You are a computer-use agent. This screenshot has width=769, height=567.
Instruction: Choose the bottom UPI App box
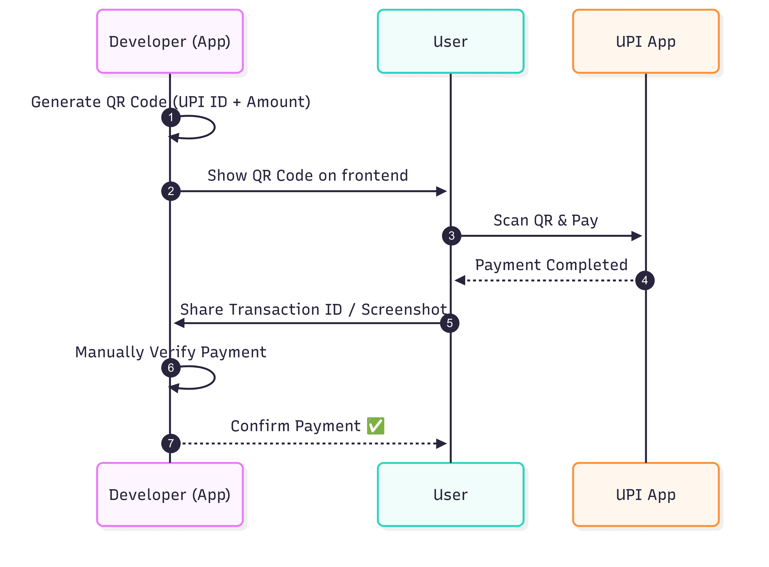(x=646, y=495)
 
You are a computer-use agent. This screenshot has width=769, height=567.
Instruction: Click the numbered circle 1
(x=171, y=118)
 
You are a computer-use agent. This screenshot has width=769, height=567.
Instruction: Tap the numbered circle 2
(x=171, y=191)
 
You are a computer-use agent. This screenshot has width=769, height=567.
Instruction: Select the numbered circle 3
(x=451, y=236)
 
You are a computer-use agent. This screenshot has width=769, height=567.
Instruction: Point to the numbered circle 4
(x=645, y=280)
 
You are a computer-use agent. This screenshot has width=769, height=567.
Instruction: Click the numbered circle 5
(x=450, y=323)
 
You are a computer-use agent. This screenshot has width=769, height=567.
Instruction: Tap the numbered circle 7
(x=171, y=443)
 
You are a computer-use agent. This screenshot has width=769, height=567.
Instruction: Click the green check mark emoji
(x=375, y=426)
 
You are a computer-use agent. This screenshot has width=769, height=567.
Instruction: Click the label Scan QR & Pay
(x=546, y=220)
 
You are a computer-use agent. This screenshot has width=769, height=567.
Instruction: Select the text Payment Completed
(x=551, y=265)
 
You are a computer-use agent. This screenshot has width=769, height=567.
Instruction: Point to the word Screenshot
(x=404, y=310)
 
